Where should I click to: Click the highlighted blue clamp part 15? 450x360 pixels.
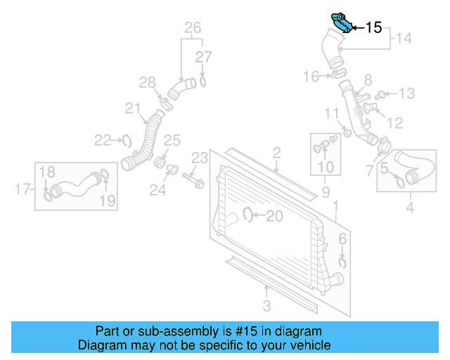click(340, 22)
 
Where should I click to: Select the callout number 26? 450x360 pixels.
click(193, 28)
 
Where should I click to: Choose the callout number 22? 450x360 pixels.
click(103, 141)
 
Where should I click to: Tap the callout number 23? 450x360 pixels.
click(200, 157)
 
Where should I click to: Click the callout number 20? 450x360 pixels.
click(274, 217)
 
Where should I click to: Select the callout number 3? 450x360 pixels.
click(266, 305)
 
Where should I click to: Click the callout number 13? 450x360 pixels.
click(407, 93)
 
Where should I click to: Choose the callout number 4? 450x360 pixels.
click(409, 207)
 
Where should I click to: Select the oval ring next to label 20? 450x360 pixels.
click(248, 214)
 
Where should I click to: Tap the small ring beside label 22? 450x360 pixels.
click(127, 141)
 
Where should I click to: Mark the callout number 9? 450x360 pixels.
click(326, 192)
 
